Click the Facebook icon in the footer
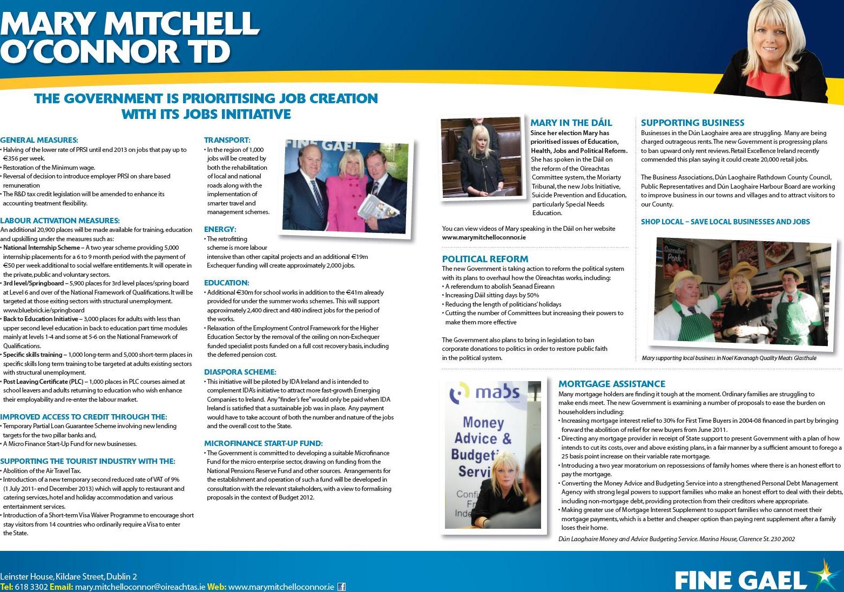[x=341, y=587]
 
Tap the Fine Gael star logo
[x=825, y=575]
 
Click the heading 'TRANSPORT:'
[x=227, y=140]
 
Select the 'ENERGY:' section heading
[x=220, y=229]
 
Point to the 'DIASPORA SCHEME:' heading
[x=240, y=372]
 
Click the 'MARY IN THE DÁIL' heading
[x=571, y=123]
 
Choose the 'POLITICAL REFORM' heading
[x=485, y=259]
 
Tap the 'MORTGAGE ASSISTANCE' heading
[x=611, y=384]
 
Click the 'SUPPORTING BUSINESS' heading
[x=692, y=123]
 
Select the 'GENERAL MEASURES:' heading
[x=39, y=140]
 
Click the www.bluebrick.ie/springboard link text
[x=44, y=310]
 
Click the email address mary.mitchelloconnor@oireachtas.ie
[x=140, y=587]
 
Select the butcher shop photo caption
[x=728, y=358]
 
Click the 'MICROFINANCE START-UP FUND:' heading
[x=263, y=443]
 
